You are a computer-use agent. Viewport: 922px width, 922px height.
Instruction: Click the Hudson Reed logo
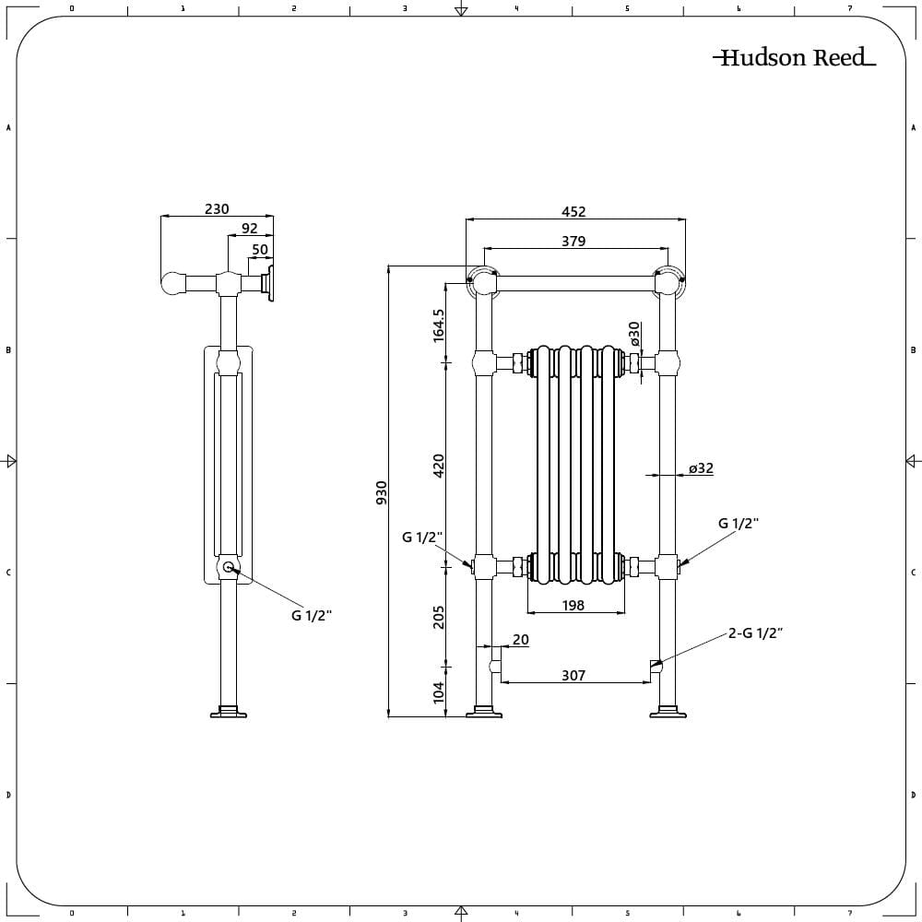pyautogui.click(x=793, y=58)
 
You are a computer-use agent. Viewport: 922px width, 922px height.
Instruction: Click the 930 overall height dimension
pyautogui.click(x=382, y=491)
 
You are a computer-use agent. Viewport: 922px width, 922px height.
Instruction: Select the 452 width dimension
pyautogui.click(x=573, y=211)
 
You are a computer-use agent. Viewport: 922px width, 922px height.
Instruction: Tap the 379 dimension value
pyautogui.click(x=573, y=242)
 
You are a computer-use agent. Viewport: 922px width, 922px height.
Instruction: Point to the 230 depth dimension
pyautogui.click(x=217, y=209)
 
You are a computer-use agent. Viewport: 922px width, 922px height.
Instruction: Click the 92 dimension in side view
pyautogui.click(x=250, y=229)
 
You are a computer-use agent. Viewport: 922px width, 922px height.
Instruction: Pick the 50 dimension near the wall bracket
pyautogui.click(x=260, y=249)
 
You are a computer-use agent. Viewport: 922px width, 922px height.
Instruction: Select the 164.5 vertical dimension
pyautogui.click(x=439, y=325)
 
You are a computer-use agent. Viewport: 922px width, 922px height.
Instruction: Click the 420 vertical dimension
pyautogui.click(x=439, y=464)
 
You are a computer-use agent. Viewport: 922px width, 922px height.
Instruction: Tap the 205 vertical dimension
pyautogui.click(x=439, y=616)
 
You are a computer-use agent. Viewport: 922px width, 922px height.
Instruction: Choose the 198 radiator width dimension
pyautogui.click(x=573, y=606)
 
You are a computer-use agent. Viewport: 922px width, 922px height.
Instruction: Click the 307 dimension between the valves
pyautogui.click(x=573, y=676)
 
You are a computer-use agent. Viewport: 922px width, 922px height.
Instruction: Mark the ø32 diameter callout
pyautogui.click(x=701, y=468)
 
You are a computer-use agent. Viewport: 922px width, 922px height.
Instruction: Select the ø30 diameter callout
pyautogui.click(x=634, y=333)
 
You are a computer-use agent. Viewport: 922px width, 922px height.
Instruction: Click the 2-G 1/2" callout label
pyautogui.click(x=755, y=632)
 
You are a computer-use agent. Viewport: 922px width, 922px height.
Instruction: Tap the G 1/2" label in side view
pyautogui.click(x=312, y=616)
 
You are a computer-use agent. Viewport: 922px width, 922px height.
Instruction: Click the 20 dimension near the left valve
pyautogui.click(x=521, y=639)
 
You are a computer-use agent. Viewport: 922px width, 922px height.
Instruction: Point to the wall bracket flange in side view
pyautogui.click(x=271, y=283)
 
